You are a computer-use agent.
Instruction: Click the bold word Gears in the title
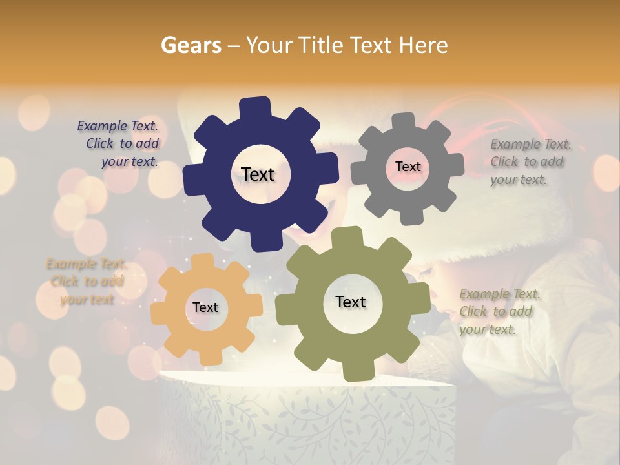click(191, 45)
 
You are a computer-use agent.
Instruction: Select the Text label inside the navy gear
click(258, 174)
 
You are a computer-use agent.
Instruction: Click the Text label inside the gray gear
click(408, 167)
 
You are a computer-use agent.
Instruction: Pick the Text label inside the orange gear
click(205, 307)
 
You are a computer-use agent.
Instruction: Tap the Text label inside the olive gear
click(351, 302)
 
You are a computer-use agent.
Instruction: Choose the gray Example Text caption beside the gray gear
click(530, 161)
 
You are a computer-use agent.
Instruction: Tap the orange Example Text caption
click(87, 282)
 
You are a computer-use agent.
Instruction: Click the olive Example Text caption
click(499, 311)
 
